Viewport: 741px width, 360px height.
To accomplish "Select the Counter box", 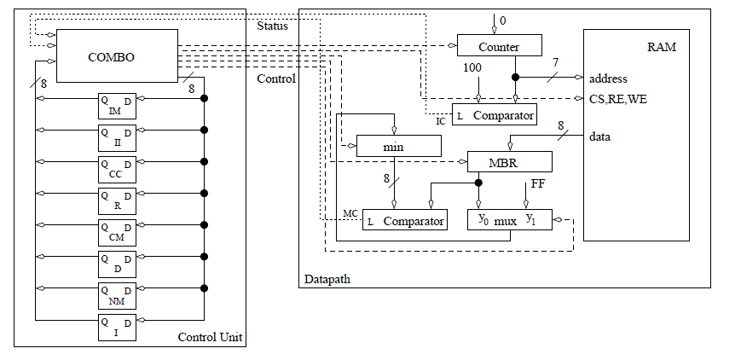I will [x=499, y=46].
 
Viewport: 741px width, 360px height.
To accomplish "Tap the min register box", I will [x=398, y=147].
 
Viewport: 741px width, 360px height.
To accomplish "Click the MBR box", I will [x=509, y=162].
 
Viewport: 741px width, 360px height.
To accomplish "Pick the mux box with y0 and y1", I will [x=509, y=220].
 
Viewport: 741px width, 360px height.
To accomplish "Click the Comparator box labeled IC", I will [x=495, y=114].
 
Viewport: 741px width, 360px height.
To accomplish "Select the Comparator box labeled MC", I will [x=404, y=220].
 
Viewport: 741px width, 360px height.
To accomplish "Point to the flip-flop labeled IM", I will [x=115, y=105].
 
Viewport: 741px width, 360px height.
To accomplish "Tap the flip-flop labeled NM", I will [x=115, y=294].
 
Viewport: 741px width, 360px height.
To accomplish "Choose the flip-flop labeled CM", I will [x=115, y=231].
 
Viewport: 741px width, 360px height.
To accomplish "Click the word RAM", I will [x=662, y=47].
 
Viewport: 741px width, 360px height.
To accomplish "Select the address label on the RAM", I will [x=608, y=78].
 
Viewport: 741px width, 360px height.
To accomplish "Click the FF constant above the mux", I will [x=538, y=183].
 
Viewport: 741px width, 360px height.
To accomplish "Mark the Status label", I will [x=273, y=26].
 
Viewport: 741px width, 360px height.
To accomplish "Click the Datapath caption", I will [x=327, y=279].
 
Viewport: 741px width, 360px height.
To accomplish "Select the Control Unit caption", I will [x=210, y=338].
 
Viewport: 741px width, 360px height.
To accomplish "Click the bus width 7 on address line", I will [x=556, y=63].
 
